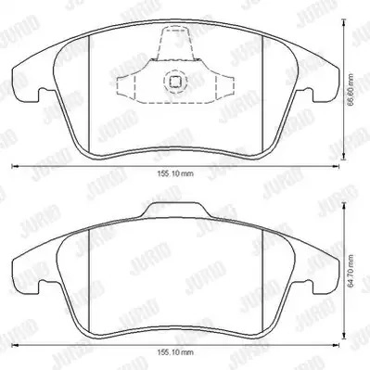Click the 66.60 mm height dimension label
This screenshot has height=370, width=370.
pos(351,90)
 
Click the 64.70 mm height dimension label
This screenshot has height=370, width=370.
pos(351,272)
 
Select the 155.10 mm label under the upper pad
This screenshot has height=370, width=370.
pos(175,173)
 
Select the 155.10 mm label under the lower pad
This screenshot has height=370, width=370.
pos(175,352)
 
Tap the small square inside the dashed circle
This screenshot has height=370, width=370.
pos(175,82)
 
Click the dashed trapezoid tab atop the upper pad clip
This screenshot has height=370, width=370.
pos(175,43)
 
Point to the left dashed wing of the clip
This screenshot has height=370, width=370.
pos(126,88)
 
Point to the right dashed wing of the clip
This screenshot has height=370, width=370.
pos(224,87)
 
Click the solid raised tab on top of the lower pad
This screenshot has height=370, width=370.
pos(175,210)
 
